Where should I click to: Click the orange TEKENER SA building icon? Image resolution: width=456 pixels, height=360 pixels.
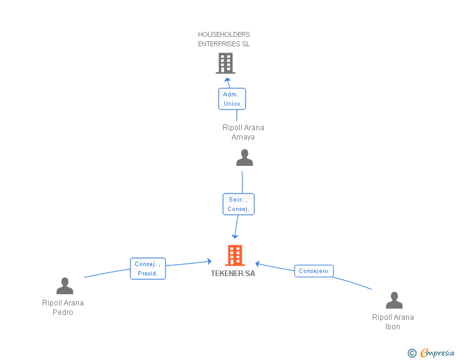pos(235,255)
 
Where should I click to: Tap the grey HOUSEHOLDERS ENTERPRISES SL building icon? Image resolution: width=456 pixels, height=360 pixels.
pos(225,63)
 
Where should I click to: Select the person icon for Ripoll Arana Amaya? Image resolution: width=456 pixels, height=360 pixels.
pos(244,158)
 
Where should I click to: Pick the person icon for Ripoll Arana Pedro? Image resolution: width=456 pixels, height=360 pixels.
pos(65,286)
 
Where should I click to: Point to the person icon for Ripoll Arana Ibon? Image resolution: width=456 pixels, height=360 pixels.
pos(395,300)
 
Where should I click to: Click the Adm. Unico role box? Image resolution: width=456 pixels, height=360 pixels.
pos(232,99)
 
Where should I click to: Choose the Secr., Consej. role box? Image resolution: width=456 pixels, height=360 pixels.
pos(239,204)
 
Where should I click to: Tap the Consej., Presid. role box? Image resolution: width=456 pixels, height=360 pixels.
pos(148,269)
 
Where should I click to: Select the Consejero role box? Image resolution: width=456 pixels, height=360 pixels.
pos(314,271)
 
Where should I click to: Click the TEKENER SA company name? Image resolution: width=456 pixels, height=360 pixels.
pos(233,274)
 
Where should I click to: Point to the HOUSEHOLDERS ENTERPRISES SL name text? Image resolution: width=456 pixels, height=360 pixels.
pos(224,39)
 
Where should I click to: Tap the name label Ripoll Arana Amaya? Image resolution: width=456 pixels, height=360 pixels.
pos(243,132)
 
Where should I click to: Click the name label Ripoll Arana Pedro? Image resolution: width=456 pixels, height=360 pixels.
pos(63,307)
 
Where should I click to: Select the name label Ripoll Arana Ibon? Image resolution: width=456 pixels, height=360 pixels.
pos(393,322)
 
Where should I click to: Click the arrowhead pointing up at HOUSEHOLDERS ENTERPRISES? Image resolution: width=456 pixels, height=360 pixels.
pos(227,80)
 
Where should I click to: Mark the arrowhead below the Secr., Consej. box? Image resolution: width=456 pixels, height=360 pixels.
pos(235,236)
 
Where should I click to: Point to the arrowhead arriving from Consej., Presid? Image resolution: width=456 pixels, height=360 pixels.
pos(209,261)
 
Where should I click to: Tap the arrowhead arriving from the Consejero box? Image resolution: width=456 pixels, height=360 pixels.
pos(257,264)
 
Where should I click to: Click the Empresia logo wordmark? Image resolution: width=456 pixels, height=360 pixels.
pos(437,353)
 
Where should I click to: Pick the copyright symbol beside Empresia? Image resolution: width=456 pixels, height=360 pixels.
pos(412,353)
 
